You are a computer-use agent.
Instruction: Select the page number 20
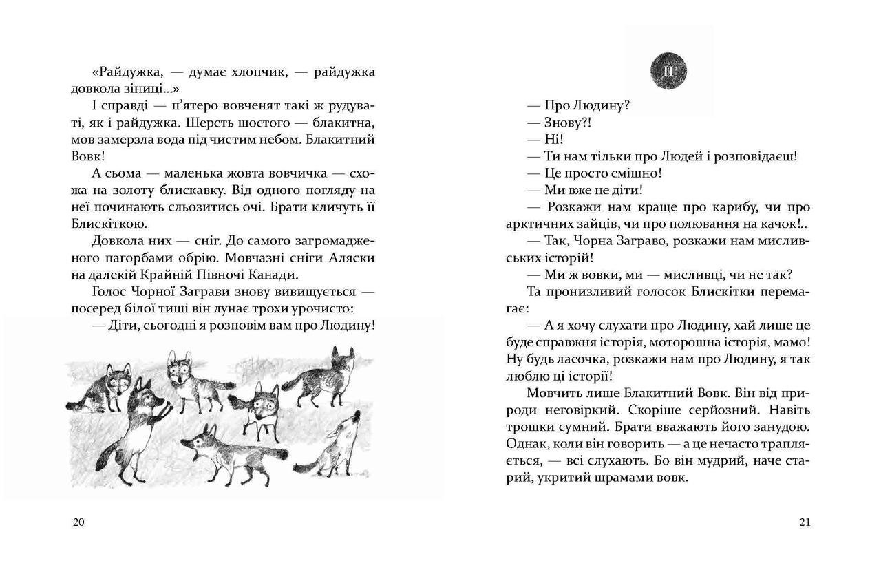pos(78,522)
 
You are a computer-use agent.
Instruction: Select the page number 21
pos(805,522)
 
